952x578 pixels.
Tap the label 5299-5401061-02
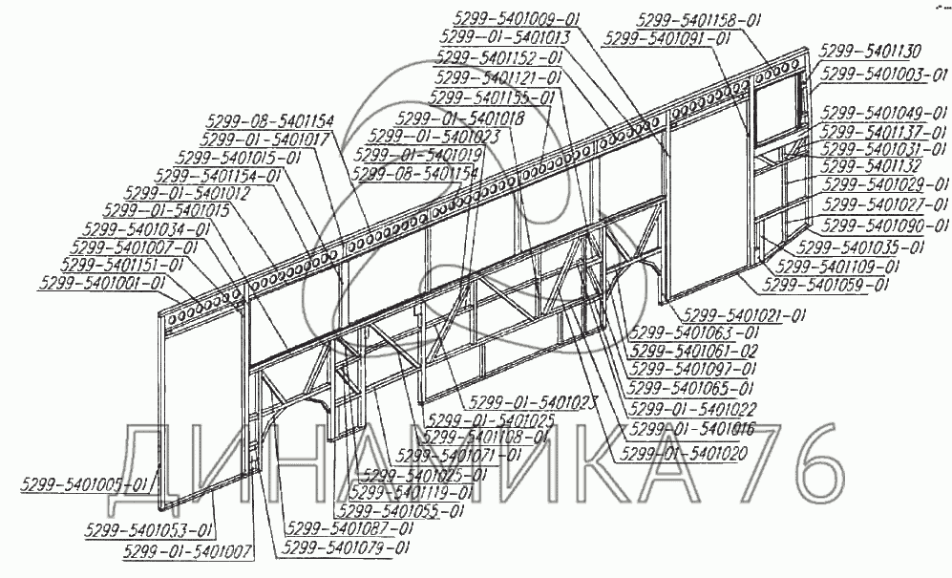click(694, 351)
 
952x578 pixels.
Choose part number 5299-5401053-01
click(148, 530)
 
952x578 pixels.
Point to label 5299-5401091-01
click(668, 38)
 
